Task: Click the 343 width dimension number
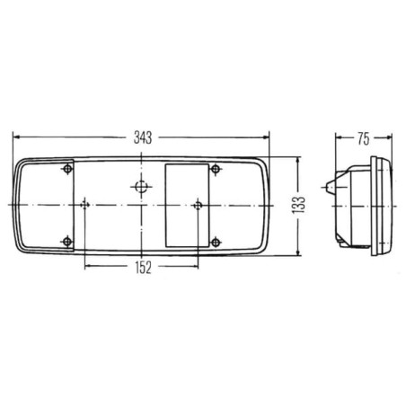[143, 137]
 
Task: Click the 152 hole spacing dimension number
[144, 268]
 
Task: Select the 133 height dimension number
[298, 205]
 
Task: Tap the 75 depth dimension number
[364, 139]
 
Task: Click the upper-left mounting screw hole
[68, 169]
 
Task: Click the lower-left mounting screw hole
[67, 242]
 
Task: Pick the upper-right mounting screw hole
[216, 169]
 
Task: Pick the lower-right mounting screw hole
[216, 242]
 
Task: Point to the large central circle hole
[141, 187]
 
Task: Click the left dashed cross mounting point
[85, 205]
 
